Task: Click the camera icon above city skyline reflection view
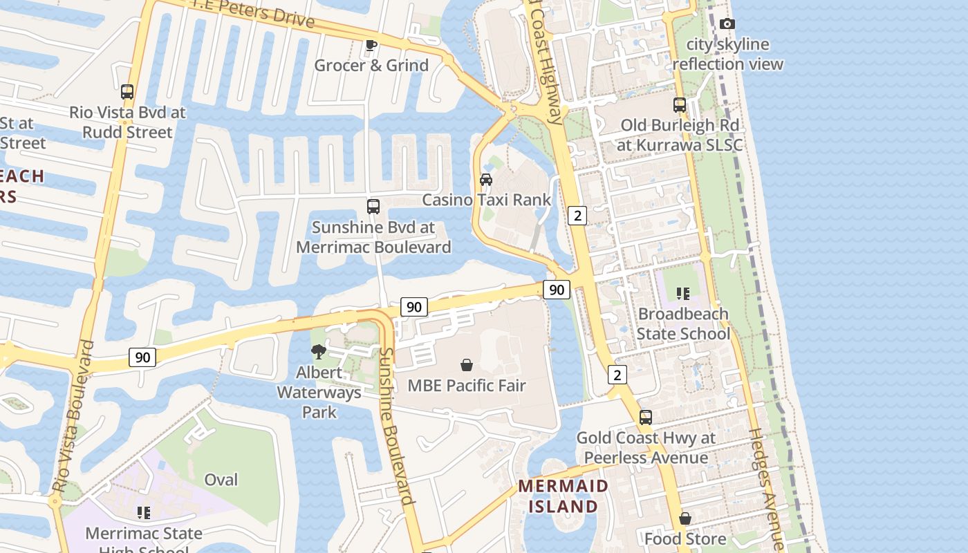(x=727, y=24)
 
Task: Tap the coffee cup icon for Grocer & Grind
(x=371, y=45)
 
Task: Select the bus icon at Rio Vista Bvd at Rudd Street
(x=127, y=92)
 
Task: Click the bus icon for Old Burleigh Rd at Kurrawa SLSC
(x=680, y=105)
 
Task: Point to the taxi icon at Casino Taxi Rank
(x=486, y=180)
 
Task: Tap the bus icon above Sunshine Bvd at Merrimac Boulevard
(x=373, y=207)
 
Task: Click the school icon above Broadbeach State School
(x=683, y=294)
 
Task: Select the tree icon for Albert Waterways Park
(x=319, y=352)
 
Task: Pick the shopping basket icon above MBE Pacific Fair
(x=467, y=365)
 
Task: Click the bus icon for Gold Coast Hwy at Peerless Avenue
(x=645, y=418)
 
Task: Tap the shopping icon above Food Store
(x=685, y=518)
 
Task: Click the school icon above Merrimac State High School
(x=144, y=513)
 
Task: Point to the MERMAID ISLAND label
(x=563, y=496)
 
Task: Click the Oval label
(x=221, y=480)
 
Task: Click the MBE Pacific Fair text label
(x=467, y=386)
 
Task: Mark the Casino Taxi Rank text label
(x=486, y=200)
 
